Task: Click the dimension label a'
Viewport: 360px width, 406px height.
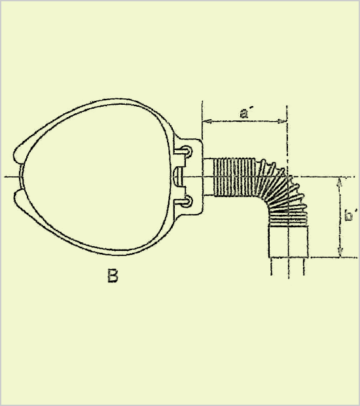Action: coord(244,113)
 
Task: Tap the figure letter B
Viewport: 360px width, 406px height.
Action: coord(113,276)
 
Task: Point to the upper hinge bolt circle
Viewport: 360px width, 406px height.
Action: coord(187,152)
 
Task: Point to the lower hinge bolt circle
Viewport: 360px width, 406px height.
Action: coord(187,202)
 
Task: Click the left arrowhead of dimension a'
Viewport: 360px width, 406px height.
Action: coord(207,121)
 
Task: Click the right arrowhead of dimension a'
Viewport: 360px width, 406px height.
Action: coord(282,121)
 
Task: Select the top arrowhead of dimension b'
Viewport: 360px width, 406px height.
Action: coord(340,182)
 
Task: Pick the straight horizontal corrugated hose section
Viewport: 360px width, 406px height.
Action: coord(235,177)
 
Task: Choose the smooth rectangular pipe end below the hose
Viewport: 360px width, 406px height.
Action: coord(289,242)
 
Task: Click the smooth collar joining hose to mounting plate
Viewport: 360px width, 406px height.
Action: coord(209,177)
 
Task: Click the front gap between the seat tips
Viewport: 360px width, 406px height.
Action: coord(18,177)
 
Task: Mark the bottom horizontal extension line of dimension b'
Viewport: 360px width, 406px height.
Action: coord(334,257)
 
